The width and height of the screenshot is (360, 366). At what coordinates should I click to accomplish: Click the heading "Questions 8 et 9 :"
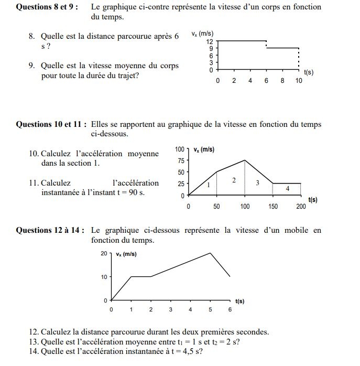pyautogui.click(x=47, y=7)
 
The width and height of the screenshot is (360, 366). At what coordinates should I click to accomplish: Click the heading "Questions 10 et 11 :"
pyautogui.click(x=51, y=125)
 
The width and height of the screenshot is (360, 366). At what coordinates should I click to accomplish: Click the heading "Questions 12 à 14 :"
pyautogui.click(x=50, y=230)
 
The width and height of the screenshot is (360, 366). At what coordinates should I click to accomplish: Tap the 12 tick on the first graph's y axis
pyautogui.click(x=210, y=41)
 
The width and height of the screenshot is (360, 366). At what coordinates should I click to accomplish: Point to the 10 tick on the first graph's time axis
pyautogui.click(x=299, y=81)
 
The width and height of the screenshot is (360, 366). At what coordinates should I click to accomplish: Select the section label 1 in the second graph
pyautogui.click(x=209, y=185)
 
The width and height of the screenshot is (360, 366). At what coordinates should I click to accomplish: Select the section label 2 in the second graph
pyautogui.click(x=234, y=180)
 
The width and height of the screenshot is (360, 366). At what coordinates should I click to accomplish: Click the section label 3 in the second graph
pyautogui.click(x=257, y=183)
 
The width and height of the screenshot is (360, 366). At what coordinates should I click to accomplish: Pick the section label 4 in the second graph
pyautogui.click(x=288, y=188)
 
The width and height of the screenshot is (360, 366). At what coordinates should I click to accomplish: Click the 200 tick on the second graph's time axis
pyautogui.click(x=301, y=207)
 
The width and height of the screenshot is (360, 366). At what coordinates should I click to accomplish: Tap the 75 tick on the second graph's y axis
pyautogui.click(x=181, y=161)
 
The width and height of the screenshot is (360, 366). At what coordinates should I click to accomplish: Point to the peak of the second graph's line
pyautogui.click(x=245, y=160)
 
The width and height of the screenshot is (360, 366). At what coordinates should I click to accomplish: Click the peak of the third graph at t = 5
pyautogui.click(x=210, y=253)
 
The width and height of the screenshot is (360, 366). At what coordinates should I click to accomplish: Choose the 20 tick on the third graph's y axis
pyautogui.click(x=104, y=254)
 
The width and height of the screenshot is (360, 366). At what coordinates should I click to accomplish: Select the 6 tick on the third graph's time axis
pyautogui.click(x=230, y=310)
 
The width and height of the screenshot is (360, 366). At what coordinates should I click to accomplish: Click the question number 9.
pyautogui.click(x=32, y=66)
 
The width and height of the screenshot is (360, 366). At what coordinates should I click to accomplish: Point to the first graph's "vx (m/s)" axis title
pyautogui.click(x=203, y=34)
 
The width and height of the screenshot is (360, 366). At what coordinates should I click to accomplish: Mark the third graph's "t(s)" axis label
pyautogui.click(x=240, y=302)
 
